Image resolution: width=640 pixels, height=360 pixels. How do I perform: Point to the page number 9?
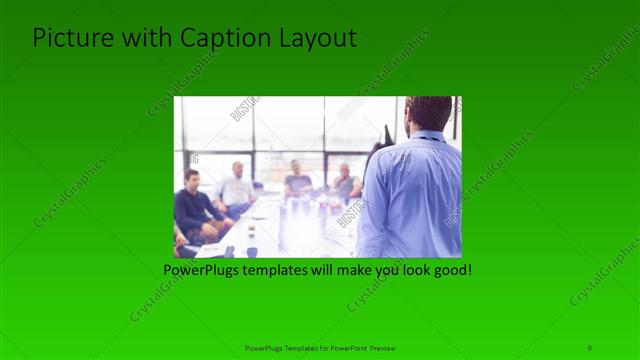[x=589, y=347]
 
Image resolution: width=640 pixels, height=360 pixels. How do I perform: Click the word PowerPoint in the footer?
[x=349, y=348]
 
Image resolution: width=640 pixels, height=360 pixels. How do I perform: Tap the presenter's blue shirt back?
[x=414, y=195]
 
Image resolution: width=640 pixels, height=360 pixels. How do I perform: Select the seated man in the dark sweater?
[x=192, y=208]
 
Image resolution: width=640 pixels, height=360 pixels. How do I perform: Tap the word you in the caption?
[x=380, y=270]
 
